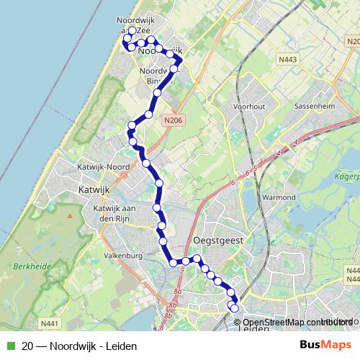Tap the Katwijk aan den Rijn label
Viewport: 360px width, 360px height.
(110, 213)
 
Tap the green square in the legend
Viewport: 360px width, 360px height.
(10, 344)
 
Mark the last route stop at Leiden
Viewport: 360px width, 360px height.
(234, 308)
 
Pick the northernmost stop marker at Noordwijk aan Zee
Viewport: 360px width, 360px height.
(132, 31)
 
